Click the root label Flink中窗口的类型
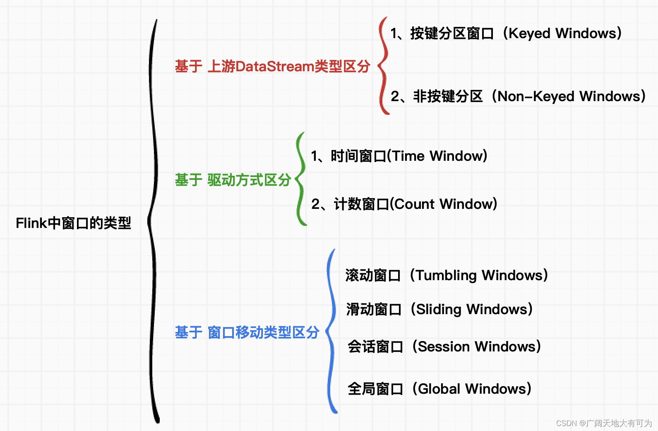pos(73,223)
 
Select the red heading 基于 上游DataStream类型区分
pos(272,66)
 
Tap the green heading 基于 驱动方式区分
pos(233,180)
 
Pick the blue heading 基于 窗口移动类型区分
pos(247,332)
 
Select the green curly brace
pos(300,179)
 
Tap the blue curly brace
pos(331,332)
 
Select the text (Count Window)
pos(444,204)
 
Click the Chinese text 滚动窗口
pos(373,276)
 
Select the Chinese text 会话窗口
pos(375,346)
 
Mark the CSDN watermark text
pos(604,423)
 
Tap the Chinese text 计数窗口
pos(361,204)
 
